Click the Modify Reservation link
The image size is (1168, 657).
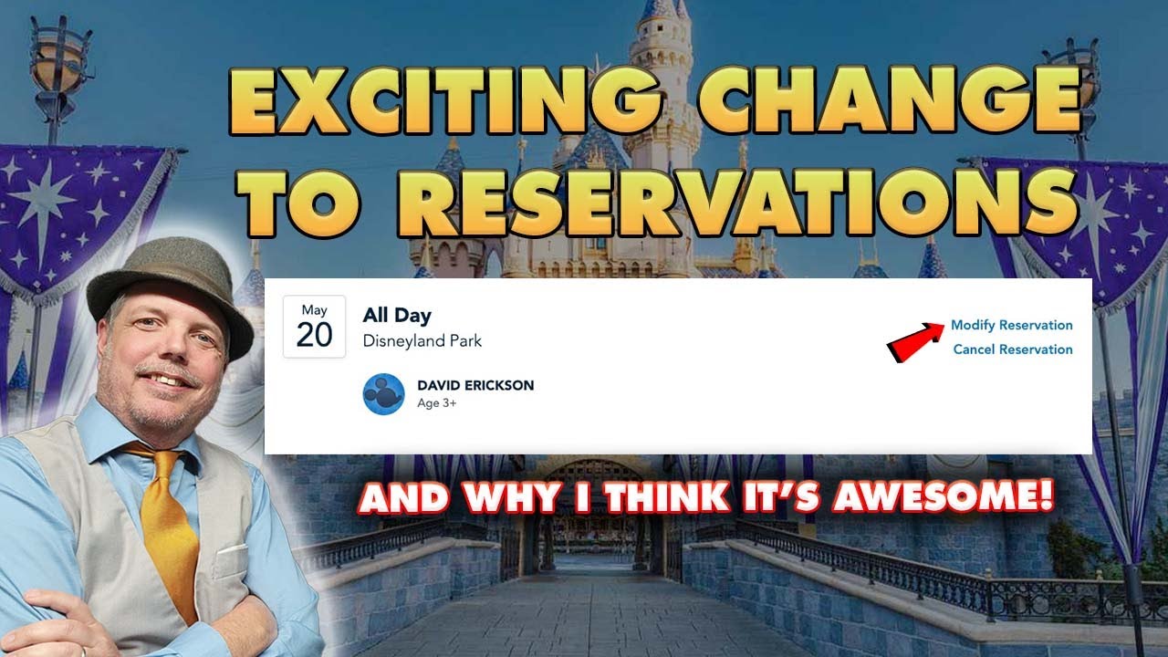point(1011,325)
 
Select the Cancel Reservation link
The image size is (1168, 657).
point(1012,349)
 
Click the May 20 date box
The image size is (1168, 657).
point(314,327)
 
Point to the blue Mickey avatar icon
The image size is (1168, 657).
point(383,394)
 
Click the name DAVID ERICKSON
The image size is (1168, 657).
point(475,385)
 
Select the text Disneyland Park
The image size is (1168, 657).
point(422,341)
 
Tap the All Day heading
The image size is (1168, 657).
point(397,316)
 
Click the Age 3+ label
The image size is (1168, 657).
point(436,403)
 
